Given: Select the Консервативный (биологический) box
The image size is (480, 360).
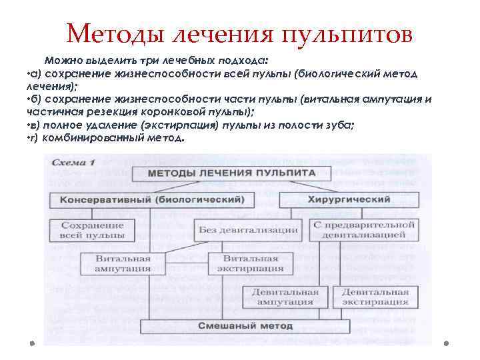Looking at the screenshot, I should tap(152, 199).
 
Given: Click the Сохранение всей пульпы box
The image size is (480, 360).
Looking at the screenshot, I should tap(97, 230).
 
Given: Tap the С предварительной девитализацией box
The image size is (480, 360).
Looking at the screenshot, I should tap(364, 230).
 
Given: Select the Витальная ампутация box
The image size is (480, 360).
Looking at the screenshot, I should tap(123, 263).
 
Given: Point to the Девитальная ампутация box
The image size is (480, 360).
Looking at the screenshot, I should tap(285, 297).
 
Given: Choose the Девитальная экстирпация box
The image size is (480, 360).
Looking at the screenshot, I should tap(375, 297).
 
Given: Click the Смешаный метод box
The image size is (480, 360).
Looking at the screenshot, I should tap(245, 326).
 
